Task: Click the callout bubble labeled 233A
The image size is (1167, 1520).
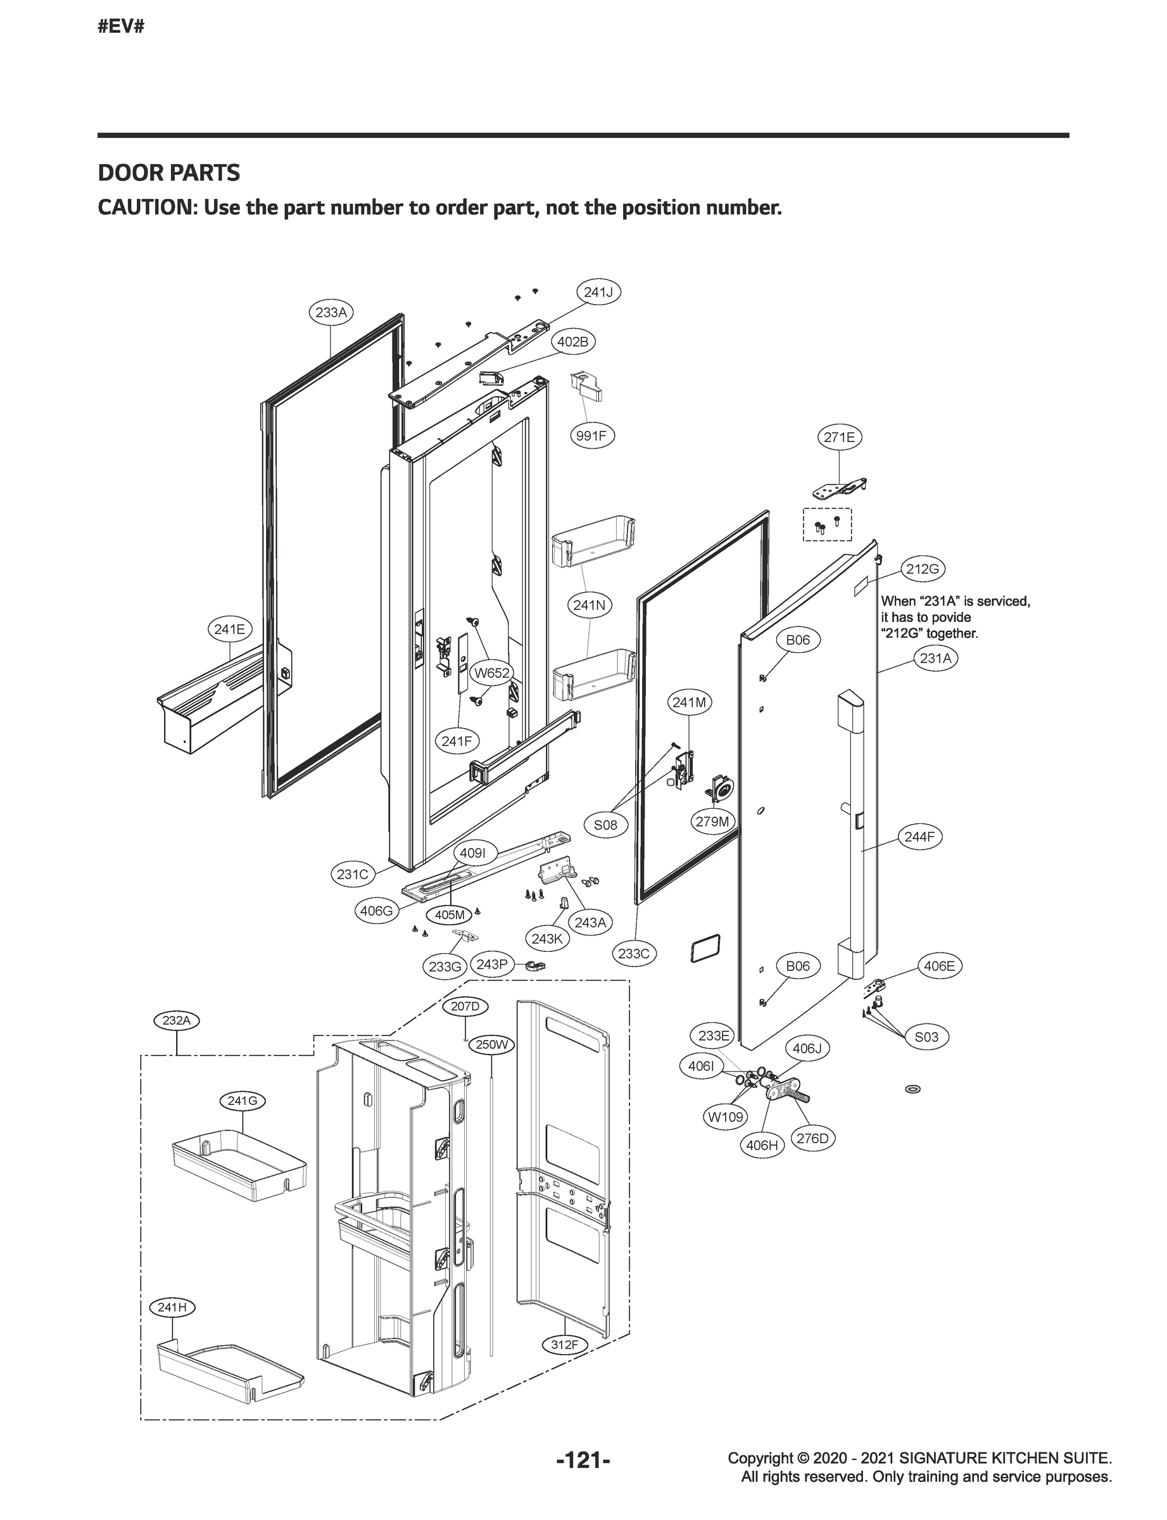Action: click(331, 313)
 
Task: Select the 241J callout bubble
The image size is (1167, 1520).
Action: click(598, 293)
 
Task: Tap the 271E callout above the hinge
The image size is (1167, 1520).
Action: click(839, 437)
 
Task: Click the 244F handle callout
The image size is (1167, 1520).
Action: click(919, 837)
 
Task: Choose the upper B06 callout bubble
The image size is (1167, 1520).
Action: click(797, 640)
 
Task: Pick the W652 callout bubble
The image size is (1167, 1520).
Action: click(491, 673)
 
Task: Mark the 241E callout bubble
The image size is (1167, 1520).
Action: click(229, 630)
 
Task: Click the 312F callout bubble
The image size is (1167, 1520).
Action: click(564, 1345)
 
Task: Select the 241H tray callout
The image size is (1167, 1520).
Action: click(172, 1307)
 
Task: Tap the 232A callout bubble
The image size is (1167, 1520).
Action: click(176, 1020)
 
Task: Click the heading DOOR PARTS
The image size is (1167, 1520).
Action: click(169, 173)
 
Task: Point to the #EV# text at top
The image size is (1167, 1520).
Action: click(121, 27)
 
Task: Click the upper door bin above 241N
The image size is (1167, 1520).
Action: click(593, 540)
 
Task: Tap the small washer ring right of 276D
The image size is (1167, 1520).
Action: click(914, 1089)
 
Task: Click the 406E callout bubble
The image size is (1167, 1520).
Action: click(939, 966)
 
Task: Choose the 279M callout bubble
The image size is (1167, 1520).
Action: click(713, 822)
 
